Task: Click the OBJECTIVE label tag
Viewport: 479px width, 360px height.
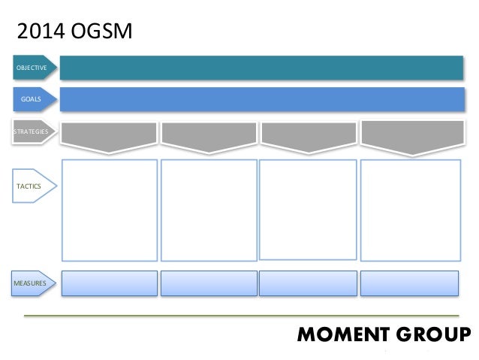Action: (32, 68)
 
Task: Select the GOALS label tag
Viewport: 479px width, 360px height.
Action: (32, 98)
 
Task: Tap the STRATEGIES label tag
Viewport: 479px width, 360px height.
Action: (32, 132)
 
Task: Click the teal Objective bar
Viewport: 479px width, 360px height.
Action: (261, 68)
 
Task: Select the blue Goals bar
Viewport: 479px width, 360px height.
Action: (261, 98)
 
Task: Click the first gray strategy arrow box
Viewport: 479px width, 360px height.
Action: (109, 135)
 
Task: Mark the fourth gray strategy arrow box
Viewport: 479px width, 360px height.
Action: (410, 135)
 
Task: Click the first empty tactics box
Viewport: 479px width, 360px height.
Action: (109, 208)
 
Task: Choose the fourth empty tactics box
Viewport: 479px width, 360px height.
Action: (410, 208)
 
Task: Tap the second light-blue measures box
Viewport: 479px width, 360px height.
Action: (208, 283)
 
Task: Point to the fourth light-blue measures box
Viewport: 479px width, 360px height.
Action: (410, 283)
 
